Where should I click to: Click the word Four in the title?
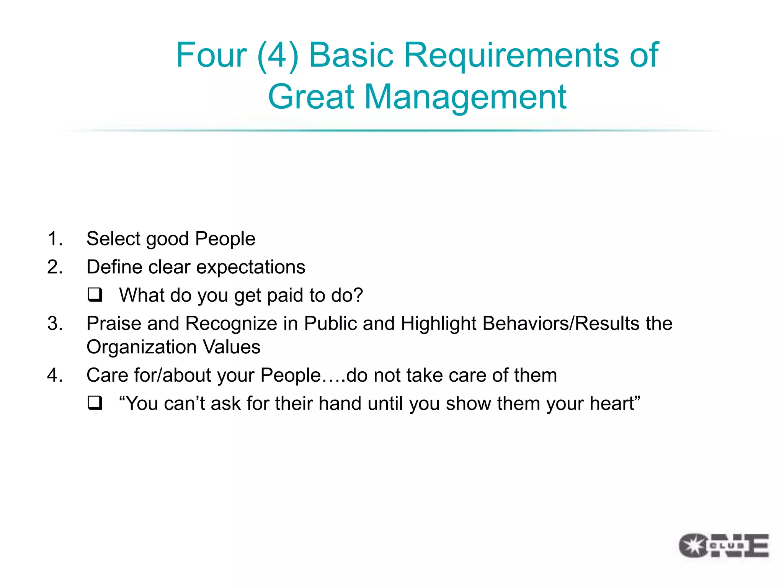[211, 55]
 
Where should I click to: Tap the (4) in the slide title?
[278, 56]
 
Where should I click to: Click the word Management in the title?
[465, 97]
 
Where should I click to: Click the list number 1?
[55, 239]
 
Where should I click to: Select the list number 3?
[55, 323]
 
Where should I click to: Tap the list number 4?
[55, 375]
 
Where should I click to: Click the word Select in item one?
[113, 239]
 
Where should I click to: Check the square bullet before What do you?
[95, 295]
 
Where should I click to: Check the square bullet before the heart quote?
[95, 403]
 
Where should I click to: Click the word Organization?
[142, 348]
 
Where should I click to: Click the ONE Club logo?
[724, 545]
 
